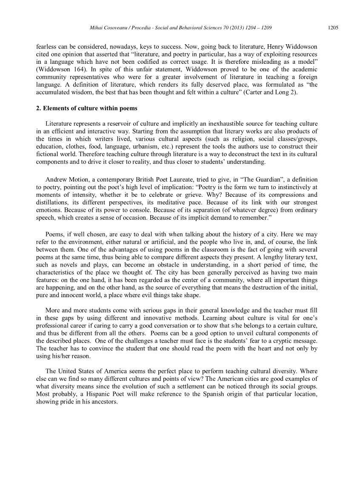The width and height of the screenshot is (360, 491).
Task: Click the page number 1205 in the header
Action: click(332, 28)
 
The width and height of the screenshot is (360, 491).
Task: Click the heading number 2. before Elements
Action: click(38, 108)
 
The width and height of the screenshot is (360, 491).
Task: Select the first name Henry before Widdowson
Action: click(277, 46)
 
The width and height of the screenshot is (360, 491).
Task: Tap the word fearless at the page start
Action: click(46, 46)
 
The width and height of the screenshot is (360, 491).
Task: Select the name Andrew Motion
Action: click(64, 180)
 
